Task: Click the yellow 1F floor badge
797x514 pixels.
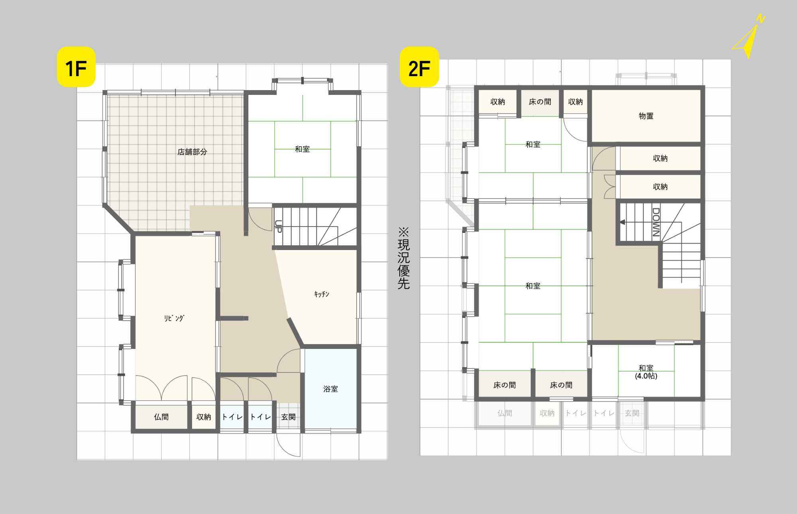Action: (76, 67)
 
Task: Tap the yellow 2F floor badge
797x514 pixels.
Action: (419, 67)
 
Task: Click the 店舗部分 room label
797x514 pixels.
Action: (192, 152)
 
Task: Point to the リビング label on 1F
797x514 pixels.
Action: (174, 318)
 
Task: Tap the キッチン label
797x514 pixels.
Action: (322, 294)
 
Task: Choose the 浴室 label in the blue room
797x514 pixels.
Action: (330, 389)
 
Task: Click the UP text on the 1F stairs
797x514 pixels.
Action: (278, 226)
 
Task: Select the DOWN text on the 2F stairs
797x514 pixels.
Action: (656, 222)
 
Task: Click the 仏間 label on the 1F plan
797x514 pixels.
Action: (161, 417)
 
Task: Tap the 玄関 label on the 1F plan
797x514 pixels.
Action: (289, 417)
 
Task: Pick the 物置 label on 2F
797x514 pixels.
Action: (646, 116)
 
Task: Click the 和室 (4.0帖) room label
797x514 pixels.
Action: (646, 372)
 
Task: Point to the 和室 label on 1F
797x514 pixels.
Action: (302, 149)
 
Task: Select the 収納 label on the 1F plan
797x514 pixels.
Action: (204, 417)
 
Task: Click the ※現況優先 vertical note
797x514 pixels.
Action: (404, 258)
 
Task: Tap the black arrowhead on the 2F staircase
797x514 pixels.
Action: (622, 222)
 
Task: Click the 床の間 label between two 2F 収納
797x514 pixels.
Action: (540, 102)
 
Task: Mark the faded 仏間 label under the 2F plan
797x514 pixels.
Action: (505, 414)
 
